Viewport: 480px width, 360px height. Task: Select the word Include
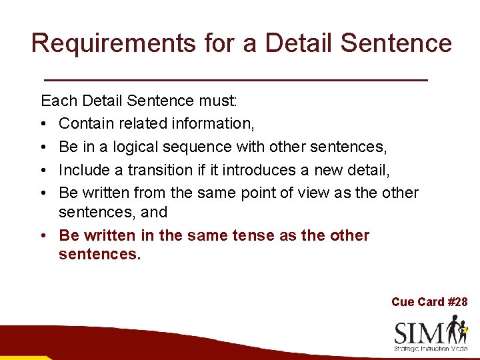(x=83, y=170)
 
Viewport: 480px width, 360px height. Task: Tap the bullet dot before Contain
(x=43, y=125)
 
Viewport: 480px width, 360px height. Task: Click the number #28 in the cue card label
(x=457, y=302)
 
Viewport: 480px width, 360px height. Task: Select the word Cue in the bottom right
(x=403, y=302)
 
